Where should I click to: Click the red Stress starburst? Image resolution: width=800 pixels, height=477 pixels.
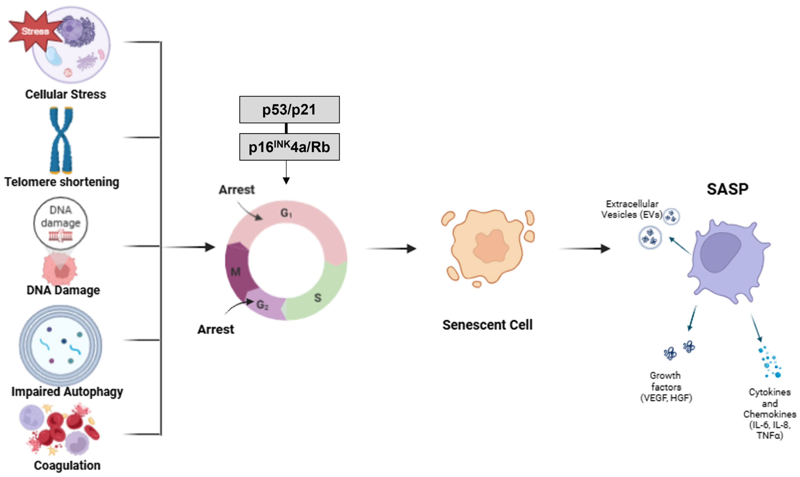[35, 31]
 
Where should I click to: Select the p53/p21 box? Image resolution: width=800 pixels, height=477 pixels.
[289, 110]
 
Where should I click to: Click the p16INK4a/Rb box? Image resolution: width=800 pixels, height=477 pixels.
[289, 147]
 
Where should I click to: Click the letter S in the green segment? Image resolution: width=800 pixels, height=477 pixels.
[317, 298]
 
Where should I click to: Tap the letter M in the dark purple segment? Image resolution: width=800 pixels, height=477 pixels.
[235, 272]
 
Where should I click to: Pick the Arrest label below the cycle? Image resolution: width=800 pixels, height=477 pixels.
[215, 329]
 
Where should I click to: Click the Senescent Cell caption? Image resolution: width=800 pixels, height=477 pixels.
[487, 325]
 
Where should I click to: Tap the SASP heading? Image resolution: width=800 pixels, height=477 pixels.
[727, 189]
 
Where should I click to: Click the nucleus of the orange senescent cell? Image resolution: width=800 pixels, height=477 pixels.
[491, 246]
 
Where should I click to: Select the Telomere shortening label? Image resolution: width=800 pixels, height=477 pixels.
[62, 182]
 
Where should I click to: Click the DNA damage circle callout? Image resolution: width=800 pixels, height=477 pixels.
[61, 223]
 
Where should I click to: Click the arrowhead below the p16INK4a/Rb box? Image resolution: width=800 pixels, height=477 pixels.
[286, 180]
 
